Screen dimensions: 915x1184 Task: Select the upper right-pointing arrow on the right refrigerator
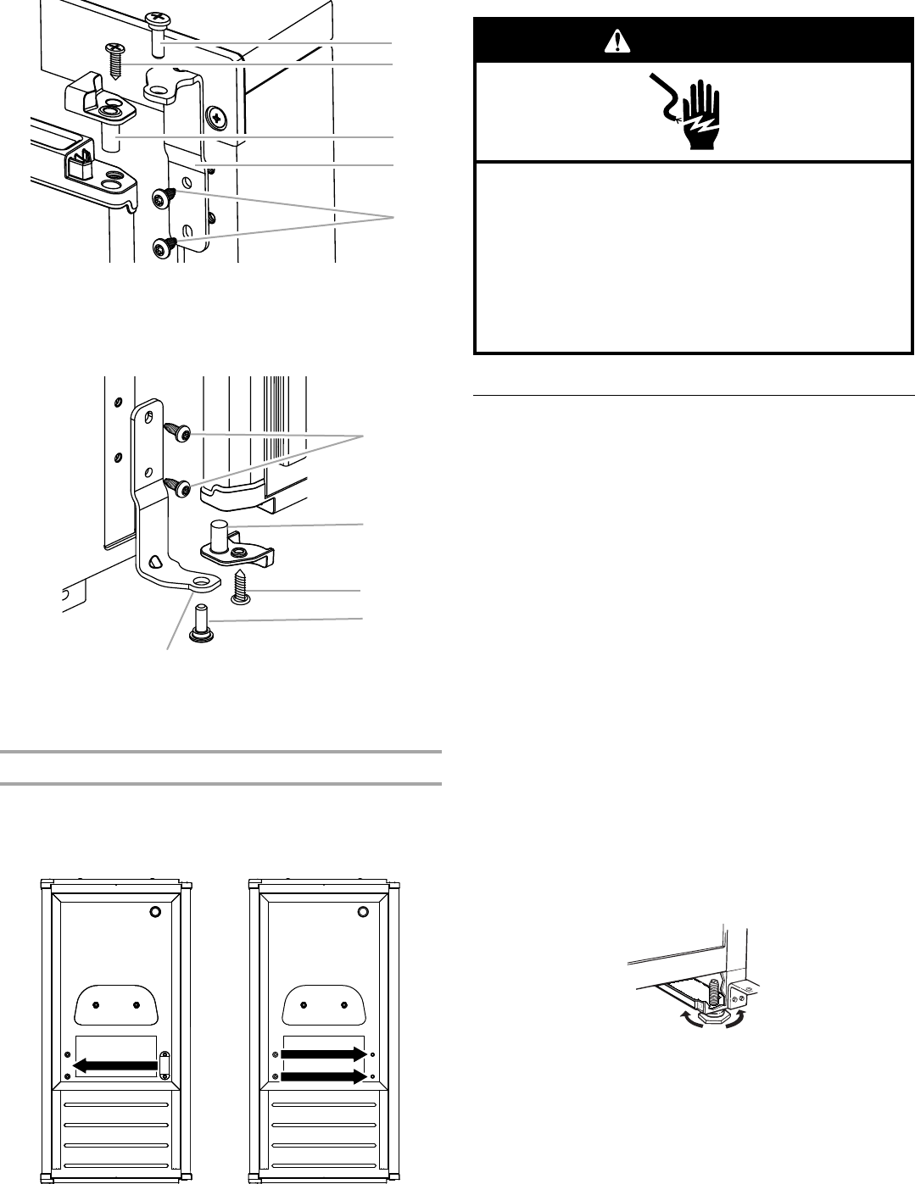point(324,1054)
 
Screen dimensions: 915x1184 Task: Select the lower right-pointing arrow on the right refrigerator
point(324,1077)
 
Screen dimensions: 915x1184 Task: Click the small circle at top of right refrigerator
point(363,912)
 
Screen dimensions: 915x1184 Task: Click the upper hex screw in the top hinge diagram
point(164,197)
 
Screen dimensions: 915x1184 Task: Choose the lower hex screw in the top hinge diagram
point(164,247)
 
